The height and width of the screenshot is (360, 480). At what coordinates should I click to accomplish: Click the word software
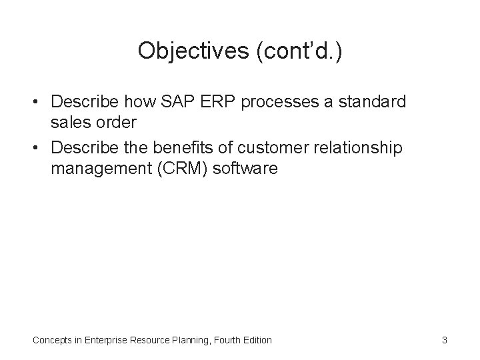246,169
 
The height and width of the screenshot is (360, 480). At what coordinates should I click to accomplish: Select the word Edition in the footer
255,340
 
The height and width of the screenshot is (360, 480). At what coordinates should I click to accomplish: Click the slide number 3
444,340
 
